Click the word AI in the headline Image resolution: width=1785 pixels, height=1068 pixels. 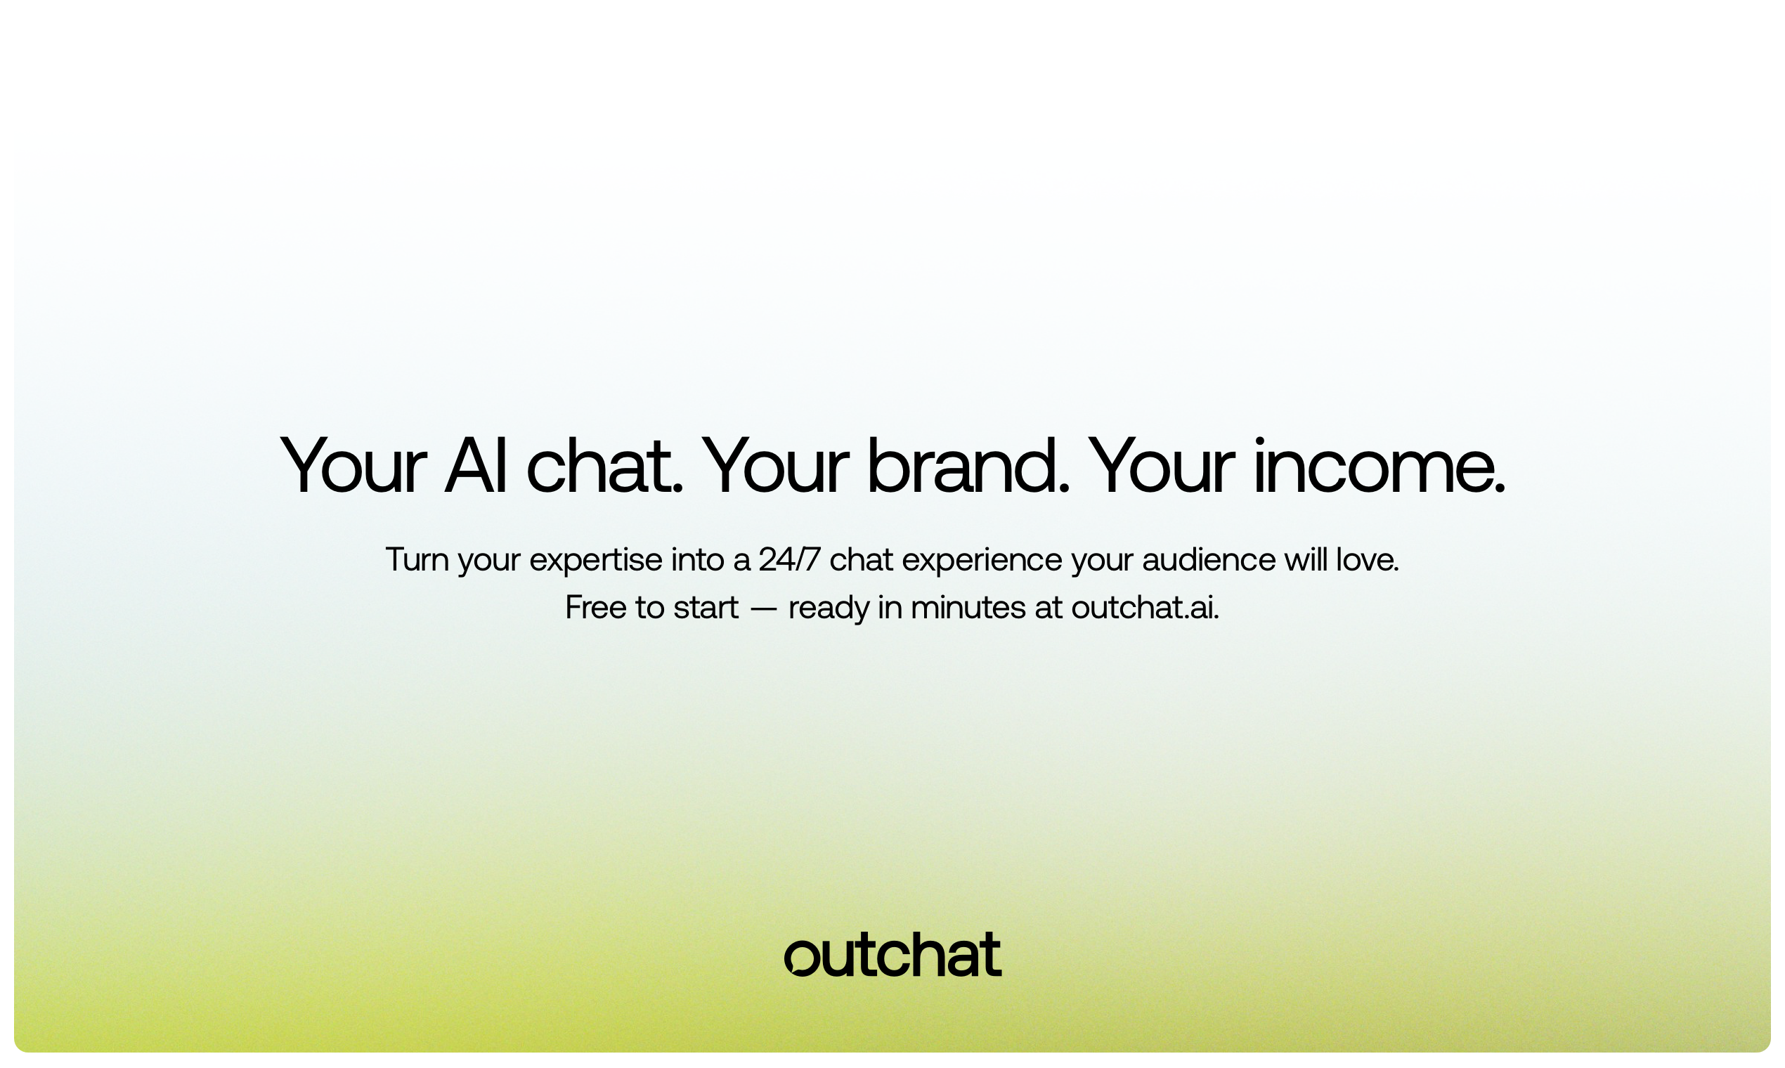[x=476, y=467]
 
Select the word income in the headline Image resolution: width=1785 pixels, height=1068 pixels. [x=1372, y=467]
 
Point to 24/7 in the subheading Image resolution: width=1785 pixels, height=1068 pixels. [x=789, y=559]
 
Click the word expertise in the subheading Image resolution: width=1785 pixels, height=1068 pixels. [x=595, y=560]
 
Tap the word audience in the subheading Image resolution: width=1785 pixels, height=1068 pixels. [x=1209, y=559]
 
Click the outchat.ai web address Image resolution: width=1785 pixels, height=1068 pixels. [x=1144, y=606]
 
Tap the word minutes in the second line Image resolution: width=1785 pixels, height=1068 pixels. [x=968, y=606]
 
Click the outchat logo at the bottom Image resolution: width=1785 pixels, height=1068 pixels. [x=892, y=955]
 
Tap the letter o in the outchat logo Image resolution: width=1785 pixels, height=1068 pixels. [x=802, y=958]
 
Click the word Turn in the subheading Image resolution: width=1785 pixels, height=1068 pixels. [x=417, y=559]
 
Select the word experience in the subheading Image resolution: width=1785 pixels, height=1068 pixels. [x=982, y=560]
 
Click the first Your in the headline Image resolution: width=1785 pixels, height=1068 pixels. [x=353, y=467]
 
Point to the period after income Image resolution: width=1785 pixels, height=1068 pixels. [x=1499, y=489]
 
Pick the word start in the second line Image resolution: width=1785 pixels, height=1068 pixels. [x=706, y=606]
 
